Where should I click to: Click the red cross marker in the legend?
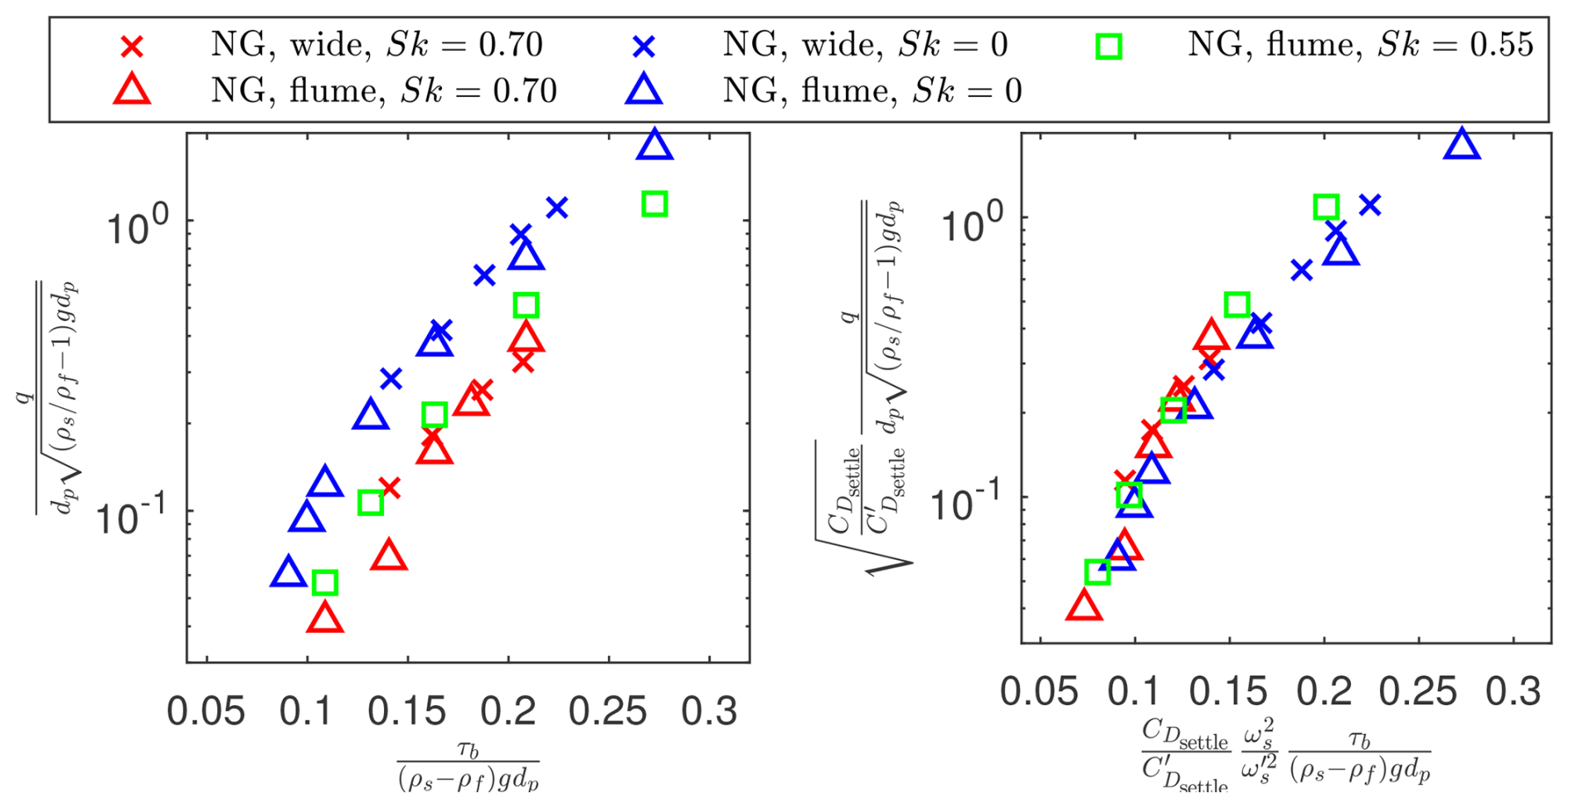point(132,46)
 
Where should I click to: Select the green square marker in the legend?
point(1109,46)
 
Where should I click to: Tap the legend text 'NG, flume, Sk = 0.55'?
point(1360,44)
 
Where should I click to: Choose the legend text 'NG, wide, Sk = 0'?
point(865,44)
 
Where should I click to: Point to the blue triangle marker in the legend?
point(644,90)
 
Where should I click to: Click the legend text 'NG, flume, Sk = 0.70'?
point(383,90)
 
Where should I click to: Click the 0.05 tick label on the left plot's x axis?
point(206,712)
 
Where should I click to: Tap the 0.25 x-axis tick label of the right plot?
point(1418,692)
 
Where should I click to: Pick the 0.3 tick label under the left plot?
point(709,712)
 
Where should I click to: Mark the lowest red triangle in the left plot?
point(324,618)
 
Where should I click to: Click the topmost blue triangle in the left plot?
point(654,145)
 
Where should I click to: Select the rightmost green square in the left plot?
point(654,204)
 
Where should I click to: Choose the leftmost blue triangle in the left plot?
point(288,572)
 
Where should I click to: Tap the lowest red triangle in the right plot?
point(1083,606)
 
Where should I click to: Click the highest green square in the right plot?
point(1326,207)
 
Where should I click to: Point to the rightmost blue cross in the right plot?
point(1370,205)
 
